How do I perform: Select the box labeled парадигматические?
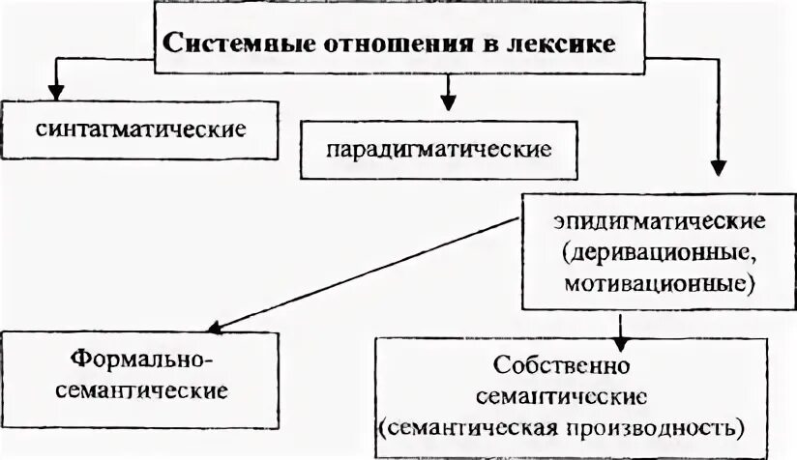439,151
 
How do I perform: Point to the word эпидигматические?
660,219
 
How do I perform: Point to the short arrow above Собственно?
622,337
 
